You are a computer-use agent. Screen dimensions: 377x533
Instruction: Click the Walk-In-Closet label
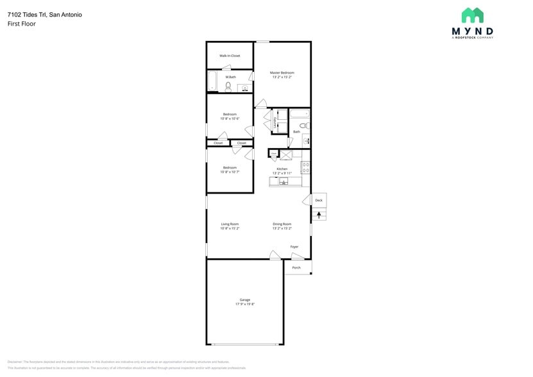[230, 56]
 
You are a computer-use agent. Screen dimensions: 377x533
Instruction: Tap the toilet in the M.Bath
[228, 86]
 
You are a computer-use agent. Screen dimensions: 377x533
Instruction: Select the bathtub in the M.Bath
[212, 81]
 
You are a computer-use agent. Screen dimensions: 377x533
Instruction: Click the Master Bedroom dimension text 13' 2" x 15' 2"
[282, 77]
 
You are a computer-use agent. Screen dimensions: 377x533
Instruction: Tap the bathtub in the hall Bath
[299, 115]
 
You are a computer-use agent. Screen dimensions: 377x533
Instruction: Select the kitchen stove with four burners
[305, 168]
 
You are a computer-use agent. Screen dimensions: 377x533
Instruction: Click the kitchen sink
[283, 181]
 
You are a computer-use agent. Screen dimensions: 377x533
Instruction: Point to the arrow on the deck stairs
[319, 215]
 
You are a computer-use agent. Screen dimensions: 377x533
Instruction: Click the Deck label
[319, 201]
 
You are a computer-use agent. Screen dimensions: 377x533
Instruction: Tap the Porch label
[296, 267]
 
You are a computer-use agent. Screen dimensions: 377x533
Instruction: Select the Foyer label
[294, 247]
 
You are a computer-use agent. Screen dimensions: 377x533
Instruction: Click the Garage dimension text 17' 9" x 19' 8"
[245, 304]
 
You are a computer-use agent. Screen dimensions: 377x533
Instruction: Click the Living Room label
[230, 224]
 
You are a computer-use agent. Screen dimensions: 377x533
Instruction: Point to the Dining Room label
[282, 224]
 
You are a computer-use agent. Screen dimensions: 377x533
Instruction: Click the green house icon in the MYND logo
[473, 15]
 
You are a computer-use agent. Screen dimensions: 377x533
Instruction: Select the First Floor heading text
[22, 24]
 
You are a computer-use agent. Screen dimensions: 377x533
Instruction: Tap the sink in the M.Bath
[244, 89]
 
